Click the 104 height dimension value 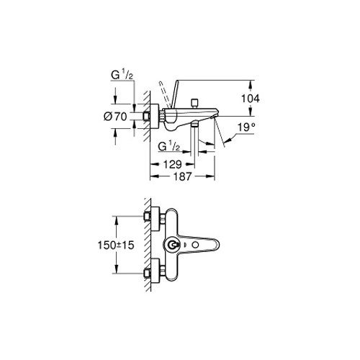(x=251, y=99)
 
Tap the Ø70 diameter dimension (x=115, y=117)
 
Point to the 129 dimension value (x=173, y=164)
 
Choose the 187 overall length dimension (x=183, y=176)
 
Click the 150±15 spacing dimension (x=116, y=246)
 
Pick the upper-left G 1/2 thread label (x=122, y=75)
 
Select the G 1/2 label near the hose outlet (x=169, y=146)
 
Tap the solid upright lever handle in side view (x=175, y=94)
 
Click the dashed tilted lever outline (x=164, y=94)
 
